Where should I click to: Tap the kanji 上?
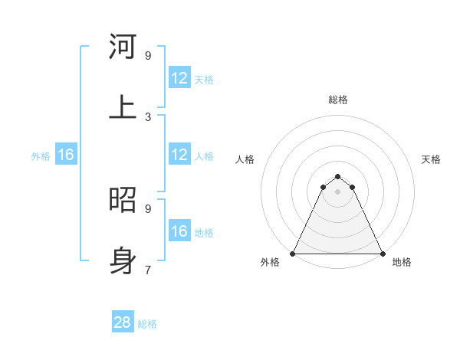tap(123, 106)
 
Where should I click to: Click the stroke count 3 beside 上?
tap(148, 116)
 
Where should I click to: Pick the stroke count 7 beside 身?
tap(148, 270)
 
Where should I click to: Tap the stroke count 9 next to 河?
tap(148, 55)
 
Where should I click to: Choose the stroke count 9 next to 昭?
tap(148, 208)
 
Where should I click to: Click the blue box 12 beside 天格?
tap(179, 78)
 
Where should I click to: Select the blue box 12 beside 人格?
tap(179, 155)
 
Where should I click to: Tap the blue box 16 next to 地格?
tap(179, 231)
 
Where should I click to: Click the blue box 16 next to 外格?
tap(65, 155)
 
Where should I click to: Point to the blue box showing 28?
tap(123, 322)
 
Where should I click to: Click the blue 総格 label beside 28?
tap(147, 324)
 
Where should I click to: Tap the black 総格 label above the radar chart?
tap(338, 100)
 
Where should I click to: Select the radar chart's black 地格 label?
tap(402, 262)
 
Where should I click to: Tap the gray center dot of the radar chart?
tap(337, 191)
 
